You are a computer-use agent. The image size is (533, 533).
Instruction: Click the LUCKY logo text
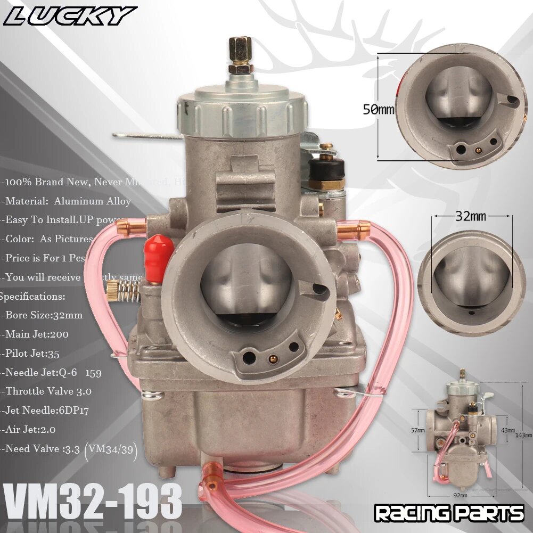pyautogui.click(x=69, y=16)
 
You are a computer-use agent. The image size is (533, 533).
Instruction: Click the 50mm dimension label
pyautogui.click(x=379, y=110)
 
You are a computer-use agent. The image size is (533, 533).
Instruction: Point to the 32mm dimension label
pyautogui.click(x=471, y=217)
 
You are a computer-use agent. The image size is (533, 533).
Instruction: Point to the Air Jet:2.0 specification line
pyautogui.click(x=31, y=429)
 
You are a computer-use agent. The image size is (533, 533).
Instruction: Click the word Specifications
pyautogui.click(x=33, y=296)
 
